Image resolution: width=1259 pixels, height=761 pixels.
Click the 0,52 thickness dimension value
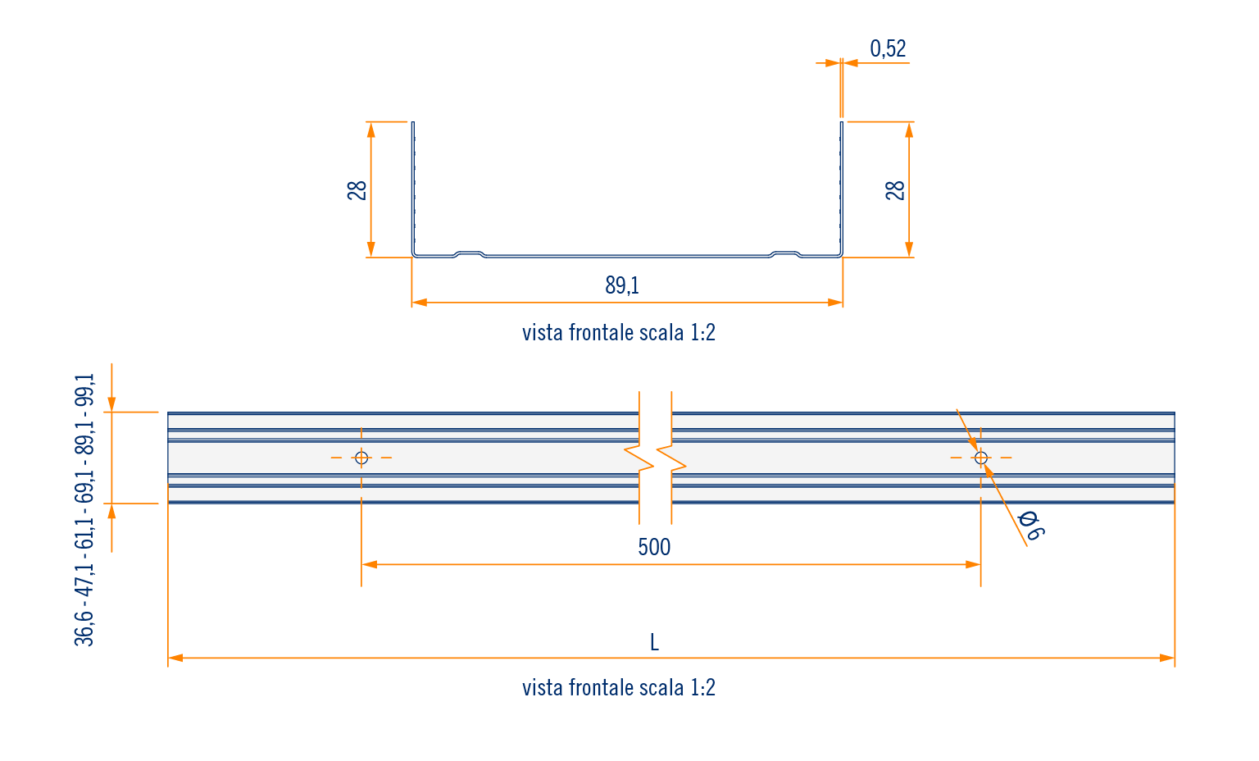click(888, 49)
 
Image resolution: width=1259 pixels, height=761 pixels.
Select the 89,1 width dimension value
click(622, 285)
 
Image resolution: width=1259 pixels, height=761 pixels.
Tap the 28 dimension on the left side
click(357, 190)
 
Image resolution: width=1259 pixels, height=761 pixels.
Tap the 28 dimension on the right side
click(895, 190)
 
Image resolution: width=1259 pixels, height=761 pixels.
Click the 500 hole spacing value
click(654, 547)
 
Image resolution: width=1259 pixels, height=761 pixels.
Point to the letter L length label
click(654, 642)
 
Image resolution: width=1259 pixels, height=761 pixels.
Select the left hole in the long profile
click(361, 458)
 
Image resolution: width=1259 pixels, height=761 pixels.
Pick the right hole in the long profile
click(981, 458)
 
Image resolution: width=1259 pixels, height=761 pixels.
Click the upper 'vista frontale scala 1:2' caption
click(619, 333)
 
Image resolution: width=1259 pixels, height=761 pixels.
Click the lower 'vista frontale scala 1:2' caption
click(619, 687)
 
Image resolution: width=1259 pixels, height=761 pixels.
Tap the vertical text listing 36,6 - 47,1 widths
click(85, 509)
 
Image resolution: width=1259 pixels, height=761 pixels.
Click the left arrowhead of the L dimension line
click(175, 658)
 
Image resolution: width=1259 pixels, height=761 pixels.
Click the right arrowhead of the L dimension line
click(1168, 658)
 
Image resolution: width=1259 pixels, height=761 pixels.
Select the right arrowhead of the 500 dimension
click(974, 564)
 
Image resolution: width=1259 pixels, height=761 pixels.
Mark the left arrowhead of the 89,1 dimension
click(419, 303)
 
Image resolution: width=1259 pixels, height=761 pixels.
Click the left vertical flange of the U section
click(413, 189)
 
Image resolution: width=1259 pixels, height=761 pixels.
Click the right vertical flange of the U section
click(841, 189)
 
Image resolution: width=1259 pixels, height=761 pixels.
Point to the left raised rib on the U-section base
click(470, 253)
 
